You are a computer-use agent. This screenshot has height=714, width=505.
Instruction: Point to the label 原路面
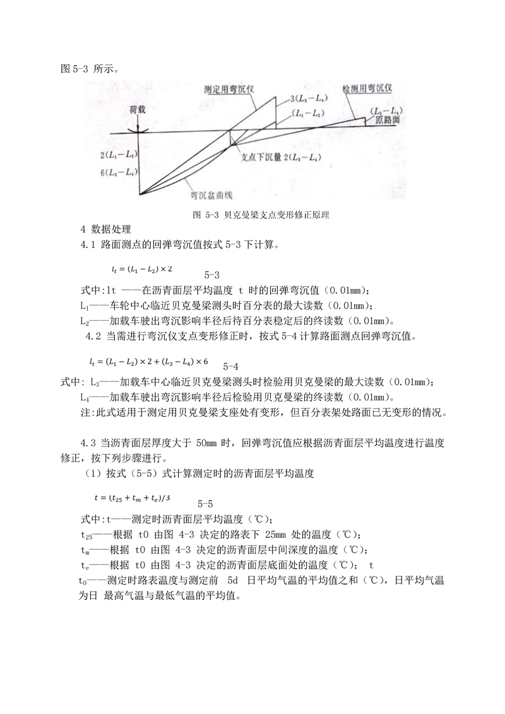[x=387, y=119]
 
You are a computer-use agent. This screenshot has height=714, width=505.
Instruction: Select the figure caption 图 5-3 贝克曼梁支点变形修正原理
[x=261, y=215]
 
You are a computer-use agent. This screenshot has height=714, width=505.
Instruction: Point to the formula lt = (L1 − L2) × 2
[x=141, y=269]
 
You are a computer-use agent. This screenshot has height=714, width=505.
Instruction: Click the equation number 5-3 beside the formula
[x=212, y=275]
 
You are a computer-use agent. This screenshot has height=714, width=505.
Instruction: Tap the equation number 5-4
[x=230, y=366]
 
